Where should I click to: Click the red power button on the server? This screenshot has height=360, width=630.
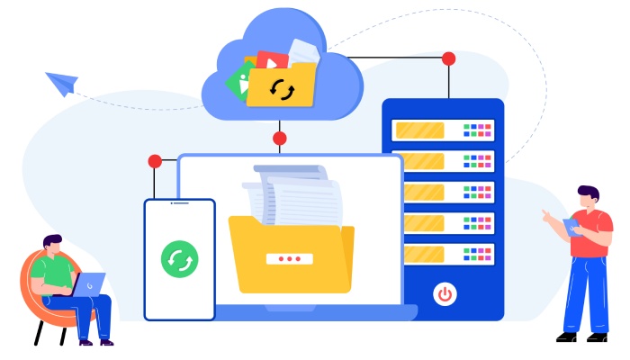(x=444, y=293)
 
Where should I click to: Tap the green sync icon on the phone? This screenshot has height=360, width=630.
(x=179, y=258)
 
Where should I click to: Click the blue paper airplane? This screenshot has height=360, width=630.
(x=62, y=84)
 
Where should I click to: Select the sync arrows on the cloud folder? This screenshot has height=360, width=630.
(x=283, y=90)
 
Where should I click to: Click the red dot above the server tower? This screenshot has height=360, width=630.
(x=449, y=58)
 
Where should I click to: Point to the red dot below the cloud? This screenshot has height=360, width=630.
(x=280, y=139)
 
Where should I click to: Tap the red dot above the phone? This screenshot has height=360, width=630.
(x=155, y=161)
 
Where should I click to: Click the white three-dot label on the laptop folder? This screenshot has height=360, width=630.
(x=289, y=258)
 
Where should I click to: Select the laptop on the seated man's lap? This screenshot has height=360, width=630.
(x=87, y=285)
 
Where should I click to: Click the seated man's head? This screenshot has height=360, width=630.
(x=53, y=245)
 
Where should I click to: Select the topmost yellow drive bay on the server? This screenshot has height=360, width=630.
(x=420, y=130)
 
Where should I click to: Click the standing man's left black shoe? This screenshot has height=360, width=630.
(x=567, y=337)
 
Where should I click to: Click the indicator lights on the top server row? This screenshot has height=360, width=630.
(x=478, y=130)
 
